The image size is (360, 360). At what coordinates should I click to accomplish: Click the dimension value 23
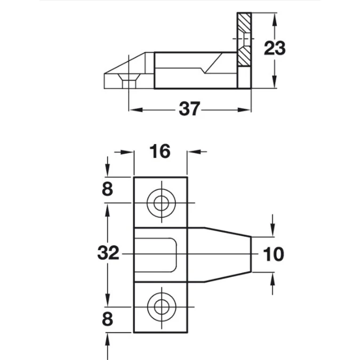(275, 48)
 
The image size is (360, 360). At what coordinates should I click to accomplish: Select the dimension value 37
(189, 108)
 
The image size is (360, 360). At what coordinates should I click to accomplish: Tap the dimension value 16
(160, 151)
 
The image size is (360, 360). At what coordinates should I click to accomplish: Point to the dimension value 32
(108, 253)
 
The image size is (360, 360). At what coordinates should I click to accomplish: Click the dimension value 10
(273, 254)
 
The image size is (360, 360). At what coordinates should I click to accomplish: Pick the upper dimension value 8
(107, 189)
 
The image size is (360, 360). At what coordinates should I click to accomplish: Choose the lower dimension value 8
(107, 319)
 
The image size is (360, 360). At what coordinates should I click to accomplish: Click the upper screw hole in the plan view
(162, 203)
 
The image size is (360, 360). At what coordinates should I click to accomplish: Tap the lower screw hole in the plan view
(162, 307)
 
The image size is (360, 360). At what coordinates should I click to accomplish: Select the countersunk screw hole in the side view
(129, 81)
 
